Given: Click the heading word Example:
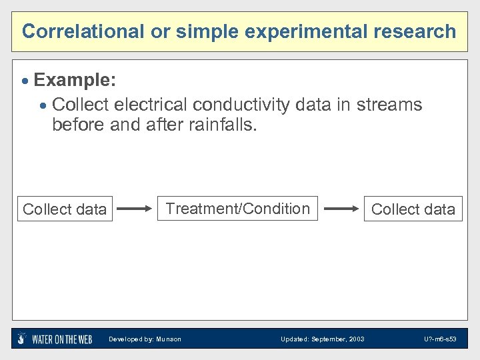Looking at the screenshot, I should pos(75,81).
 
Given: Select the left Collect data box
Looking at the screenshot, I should pos(65,209).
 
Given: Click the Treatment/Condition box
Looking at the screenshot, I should pos(238,209).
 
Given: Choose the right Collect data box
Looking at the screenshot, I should pos(413,209).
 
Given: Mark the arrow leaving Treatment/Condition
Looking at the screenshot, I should pos(341,209).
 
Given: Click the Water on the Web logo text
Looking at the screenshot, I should pos(62,339).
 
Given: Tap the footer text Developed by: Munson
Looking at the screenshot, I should pos(145,339).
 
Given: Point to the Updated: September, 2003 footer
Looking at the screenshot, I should pos(322,339).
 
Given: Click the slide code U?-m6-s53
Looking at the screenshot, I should pos(439,339).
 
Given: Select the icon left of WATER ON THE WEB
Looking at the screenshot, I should pos(22,338).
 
